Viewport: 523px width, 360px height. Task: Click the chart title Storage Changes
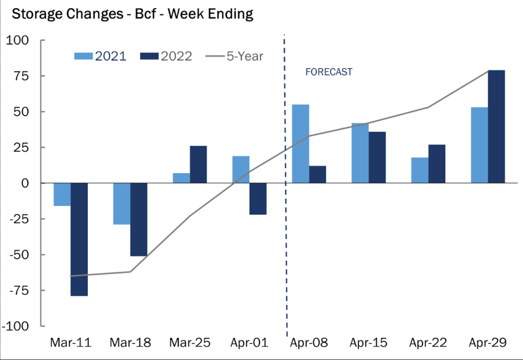(x=132, y=14)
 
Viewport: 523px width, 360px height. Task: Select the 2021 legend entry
(x=100, y=56)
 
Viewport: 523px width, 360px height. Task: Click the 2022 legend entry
(x=166, y=56)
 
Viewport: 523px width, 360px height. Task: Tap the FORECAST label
(x=329, y=72)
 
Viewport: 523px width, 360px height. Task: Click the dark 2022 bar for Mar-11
(x=79, y=239)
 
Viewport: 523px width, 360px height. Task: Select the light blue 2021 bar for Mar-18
(x=122, y=204)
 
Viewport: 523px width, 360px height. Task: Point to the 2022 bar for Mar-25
(x=199, y=165)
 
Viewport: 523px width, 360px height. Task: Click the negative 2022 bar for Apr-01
(x=258, y=198)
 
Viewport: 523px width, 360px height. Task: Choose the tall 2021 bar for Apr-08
(x=300, y=144)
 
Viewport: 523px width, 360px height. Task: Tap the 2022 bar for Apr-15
(x=377, y=157)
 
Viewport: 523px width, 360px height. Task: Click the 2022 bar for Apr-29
(x=496, y=127)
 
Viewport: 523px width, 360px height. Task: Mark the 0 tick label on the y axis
(x=25, y=183)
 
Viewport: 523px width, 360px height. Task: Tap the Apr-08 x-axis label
(x=309, y=343)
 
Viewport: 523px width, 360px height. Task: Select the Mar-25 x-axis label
(x=190, y=343)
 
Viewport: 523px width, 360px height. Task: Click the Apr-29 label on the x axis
(x=488, y=343)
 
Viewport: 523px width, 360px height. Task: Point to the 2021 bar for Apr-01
(x=241, y=169)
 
